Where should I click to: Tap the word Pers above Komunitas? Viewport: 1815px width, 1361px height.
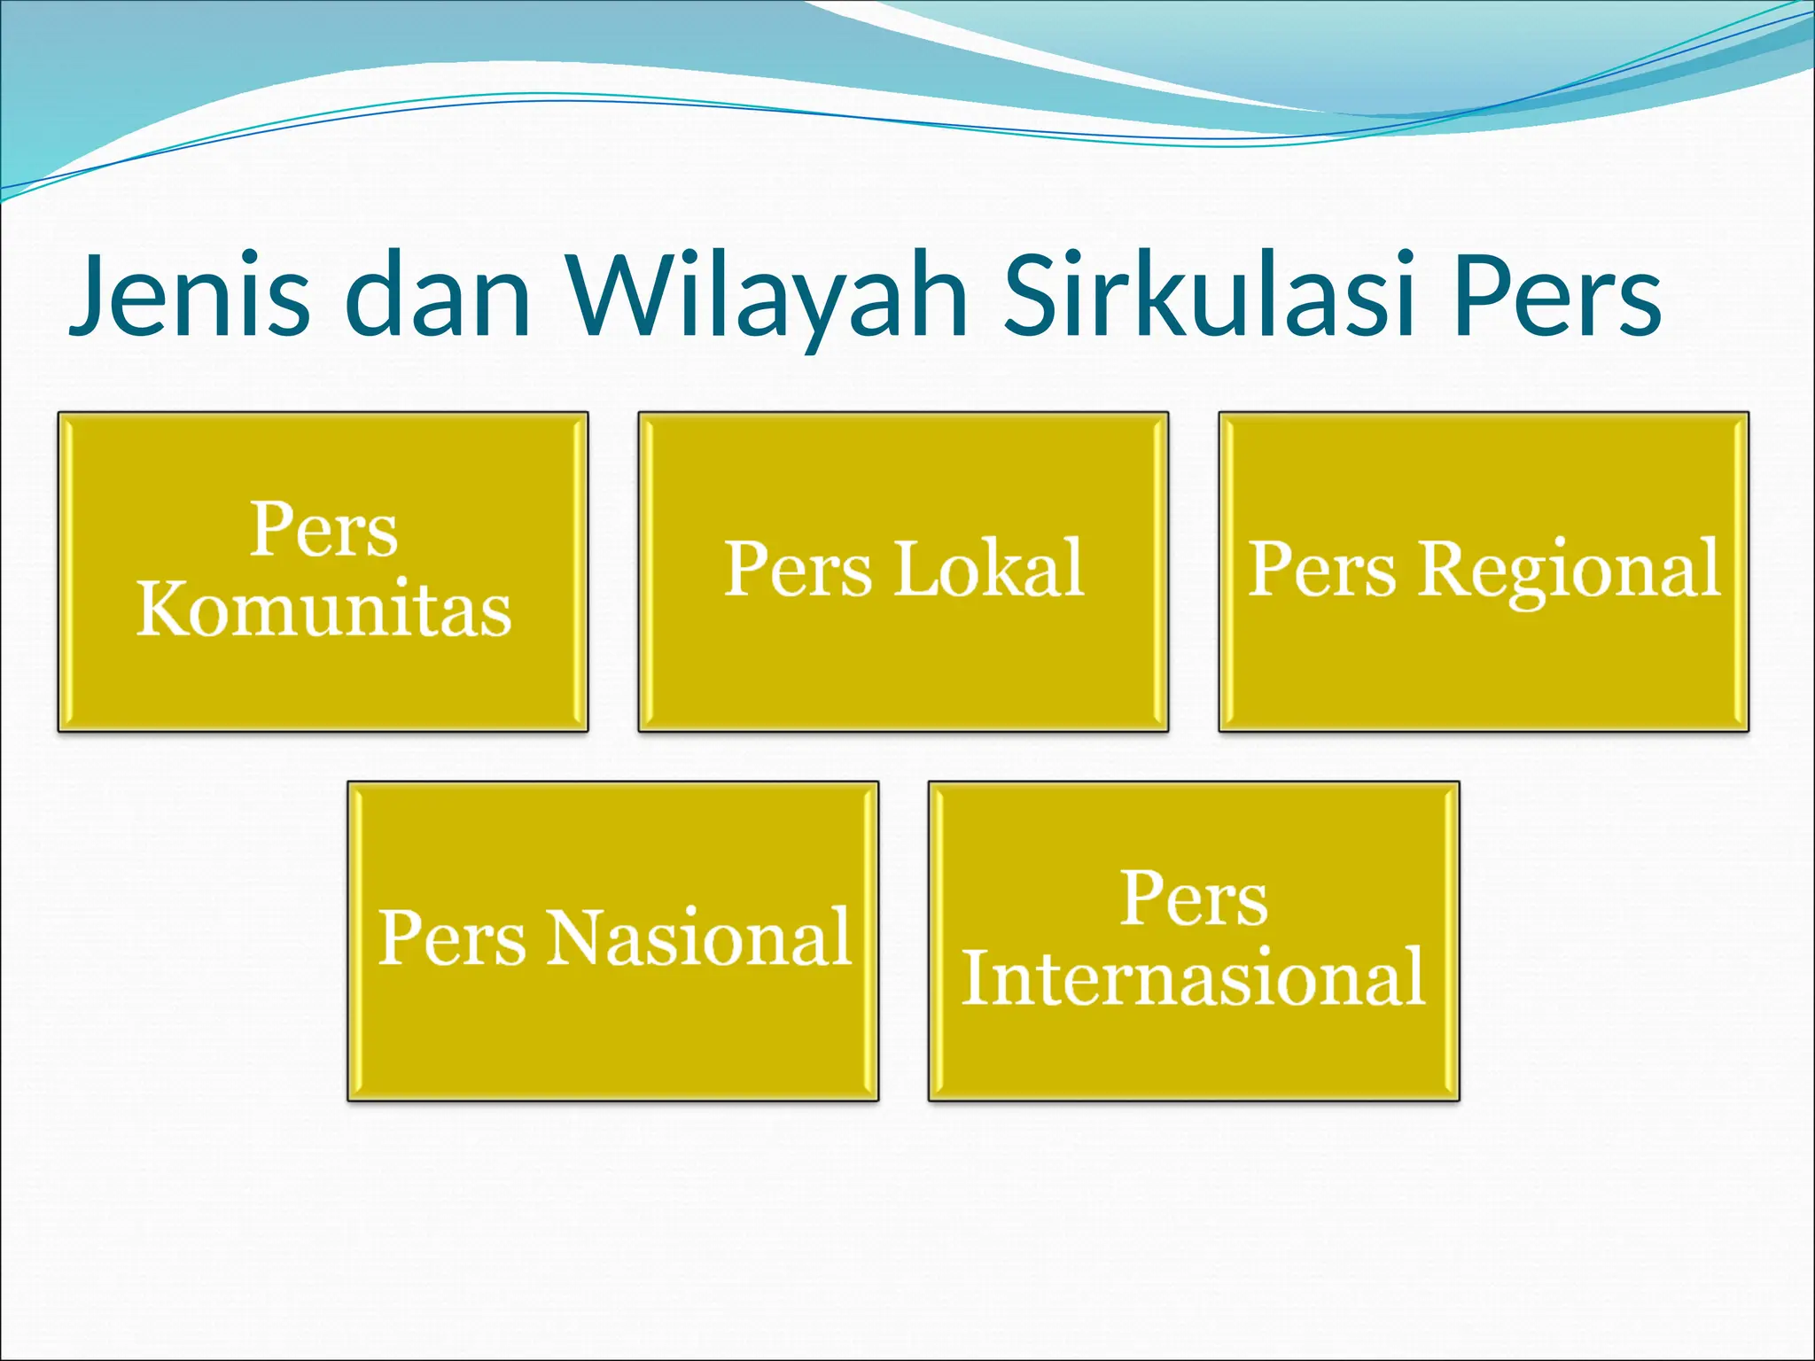point(323,530)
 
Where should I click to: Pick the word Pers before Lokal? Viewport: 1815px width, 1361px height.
point(798,569)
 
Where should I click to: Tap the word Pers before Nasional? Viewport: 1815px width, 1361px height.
point(452,937)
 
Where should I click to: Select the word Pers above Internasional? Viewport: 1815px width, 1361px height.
point(1194,898)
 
